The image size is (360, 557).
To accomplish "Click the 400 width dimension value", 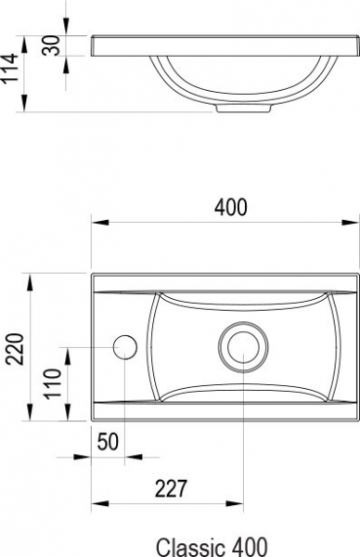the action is tap(230, 207).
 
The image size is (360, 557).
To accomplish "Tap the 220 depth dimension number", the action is tap(16, 349).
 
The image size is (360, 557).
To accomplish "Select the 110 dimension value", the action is tap(53, 384).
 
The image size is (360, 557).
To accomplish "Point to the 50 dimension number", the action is tap(108, 442).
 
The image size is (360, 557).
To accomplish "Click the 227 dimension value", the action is tap(171, 489).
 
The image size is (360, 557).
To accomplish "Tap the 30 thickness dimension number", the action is tap(51, 45).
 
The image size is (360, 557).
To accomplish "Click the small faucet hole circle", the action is tap(125, 347).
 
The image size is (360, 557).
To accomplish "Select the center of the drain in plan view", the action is tap(243, 347).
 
